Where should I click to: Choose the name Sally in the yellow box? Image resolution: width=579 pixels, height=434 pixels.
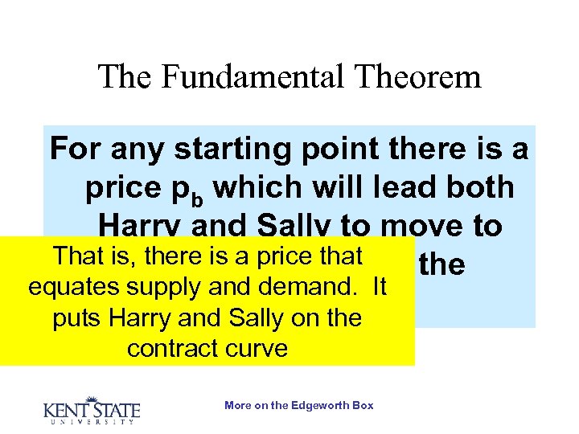coord(253,318)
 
